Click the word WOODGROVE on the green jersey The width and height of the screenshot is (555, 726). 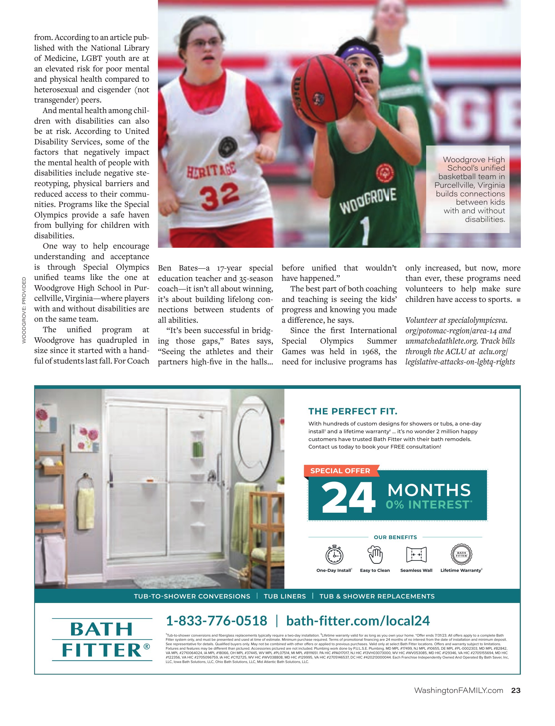click(368, 201)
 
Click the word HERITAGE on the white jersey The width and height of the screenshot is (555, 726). click(212, 170)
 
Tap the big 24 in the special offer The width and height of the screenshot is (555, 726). click(348, 497)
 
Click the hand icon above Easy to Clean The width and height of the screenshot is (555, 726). click(375, 554)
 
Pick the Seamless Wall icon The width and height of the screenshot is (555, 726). click(416, 554)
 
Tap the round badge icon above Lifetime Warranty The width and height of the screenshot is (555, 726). click(461, 554)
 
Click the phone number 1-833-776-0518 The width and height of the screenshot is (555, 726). click(216, 621)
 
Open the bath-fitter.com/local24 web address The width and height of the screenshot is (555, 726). click(358, 621)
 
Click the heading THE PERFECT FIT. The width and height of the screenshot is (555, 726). click(353, 411)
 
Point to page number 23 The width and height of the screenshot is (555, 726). click(516, 690)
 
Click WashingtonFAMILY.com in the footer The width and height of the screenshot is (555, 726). click(459, 690)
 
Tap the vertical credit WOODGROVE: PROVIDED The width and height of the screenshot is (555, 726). click(24, 310)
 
